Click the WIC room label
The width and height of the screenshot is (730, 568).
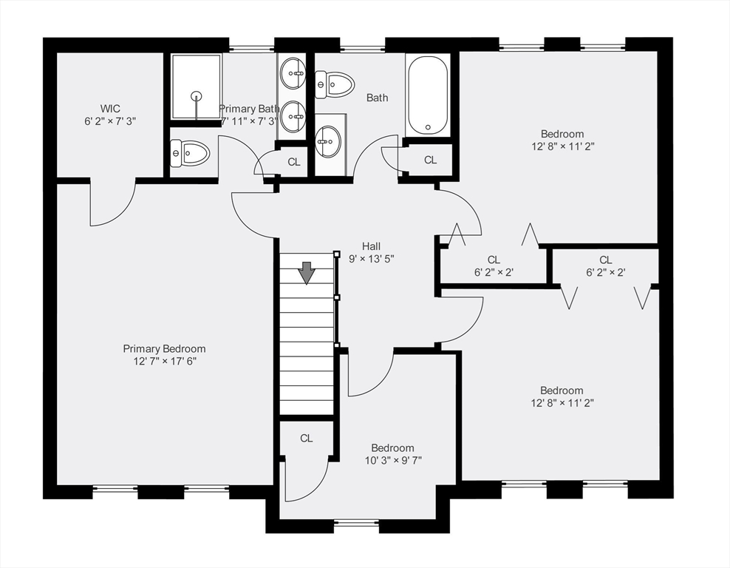110,108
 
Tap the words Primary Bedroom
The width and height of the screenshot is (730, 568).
164,348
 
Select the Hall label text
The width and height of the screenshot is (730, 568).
371,246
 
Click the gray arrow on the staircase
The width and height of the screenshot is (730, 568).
306,273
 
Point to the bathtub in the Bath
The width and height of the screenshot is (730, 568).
427,95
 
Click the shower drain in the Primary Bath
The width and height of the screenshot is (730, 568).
197,95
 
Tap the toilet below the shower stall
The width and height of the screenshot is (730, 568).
191,153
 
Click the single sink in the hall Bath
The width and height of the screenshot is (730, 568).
329,140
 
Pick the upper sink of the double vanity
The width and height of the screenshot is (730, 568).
294,72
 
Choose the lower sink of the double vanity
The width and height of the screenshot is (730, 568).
294,117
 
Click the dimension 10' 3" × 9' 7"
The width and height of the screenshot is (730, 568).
392,460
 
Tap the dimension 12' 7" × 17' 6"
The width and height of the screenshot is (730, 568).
164,361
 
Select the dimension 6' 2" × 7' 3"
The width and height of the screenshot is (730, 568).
110,121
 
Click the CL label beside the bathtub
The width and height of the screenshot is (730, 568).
430,160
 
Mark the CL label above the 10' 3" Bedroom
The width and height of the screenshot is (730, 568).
306,438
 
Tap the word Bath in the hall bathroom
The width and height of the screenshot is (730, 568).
377,98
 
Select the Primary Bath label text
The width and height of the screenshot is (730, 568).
249,109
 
